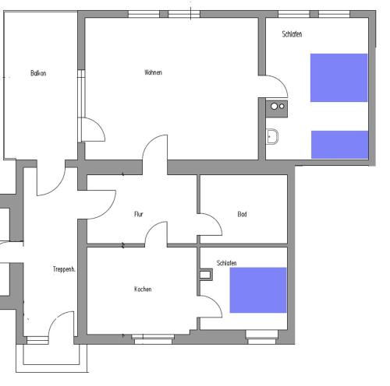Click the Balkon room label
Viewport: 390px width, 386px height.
point(38,73)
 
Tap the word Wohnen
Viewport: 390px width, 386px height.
point(153,72)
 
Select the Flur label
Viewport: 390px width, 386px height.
point(139,214)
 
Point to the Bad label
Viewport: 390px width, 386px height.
point(242,214)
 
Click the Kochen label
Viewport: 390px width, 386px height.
point(143,289)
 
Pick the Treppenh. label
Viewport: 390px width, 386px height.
point(64,269)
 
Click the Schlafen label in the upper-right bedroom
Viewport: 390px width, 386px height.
point(292,34)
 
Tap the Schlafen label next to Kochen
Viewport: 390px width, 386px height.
point(226,263)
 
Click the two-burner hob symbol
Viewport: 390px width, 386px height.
point(277,109)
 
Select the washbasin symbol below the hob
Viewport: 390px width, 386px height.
point(272,136)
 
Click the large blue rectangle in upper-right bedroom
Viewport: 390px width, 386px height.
point(339,78)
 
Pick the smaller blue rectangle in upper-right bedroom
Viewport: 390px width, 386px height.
point(340,145)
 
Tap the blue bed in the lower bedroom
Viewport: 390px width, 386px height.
point(258,290)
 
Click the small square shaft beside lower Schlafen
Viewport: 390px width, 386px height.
point(206,275)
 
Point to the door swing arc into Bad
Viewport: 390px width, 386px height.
point(217,220)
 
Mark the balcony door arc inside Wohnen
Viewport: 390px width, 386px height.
point(100,125)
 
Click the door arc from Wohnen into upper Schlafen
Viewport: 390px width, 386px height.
point(282,82)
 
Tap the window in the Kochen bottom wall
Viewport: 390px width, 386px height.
point(153,339)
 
